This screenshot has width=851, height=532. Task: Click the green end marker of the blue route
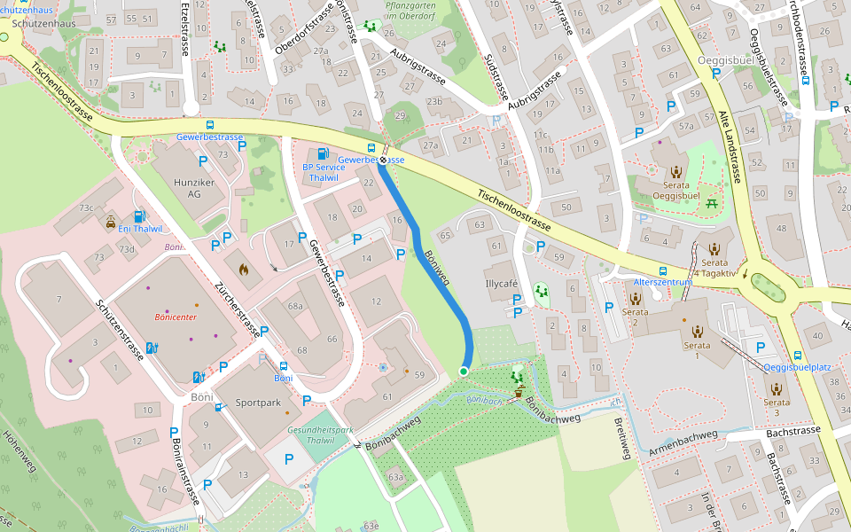pyautogui.click(x=464, y=371)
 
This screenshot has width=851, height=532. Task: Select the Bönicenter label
pyautogui.click(x=175, y=316)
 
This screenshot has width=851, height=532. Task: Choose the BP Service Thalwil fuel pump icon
pyautogui.click(x=323, y=154)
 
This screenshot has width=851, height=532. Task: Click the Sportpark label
pyautogui.click(x=258, y=402)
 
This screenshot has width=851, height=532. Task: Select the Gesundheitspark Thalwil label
pyautogui.click(x=320, y=434)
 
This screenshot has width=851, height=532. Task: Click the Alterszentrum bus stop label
pyautogui.click(x=663, y=282)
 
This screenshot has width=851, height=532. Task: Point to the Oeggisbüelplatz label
pyautogui.click(x=797, y=367)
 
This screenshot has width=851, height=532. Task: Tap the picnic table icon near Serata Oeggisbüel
pyautogui.click(x=712, y=205)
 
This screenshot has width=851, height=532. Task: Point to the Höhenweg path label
pyautogui.click(x=20, y=453)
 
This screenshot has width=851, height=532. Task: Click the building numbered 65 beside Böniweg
pyautogui.click(x=445, y=235)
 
